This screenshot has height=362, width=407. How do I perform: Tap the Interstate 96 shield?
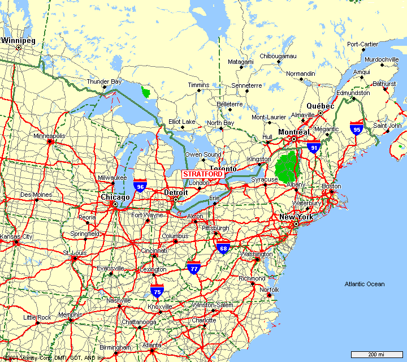coord(140,185)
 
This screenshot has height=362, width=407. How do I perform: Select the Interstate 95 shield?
coord(356,127)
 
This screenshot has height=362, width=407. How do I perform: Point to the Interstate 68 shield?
coord(223,247)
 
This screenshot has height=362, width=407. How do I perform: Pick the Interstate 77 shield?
coord(194,268)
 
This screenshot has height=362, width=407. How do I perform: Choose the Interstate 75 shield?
coord(157,291)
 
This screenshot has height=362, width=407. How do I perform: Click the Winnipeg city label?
coord(18,41)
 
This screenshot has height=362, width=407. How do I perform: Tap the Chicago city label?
coord(115,197)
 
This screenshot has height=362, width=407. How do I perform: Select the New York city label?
coord(296,217)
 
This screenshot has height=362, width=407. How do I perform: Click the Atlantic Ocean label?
coord(365,284)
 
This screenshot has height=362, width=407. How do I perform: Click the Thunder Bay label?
coord(103,82)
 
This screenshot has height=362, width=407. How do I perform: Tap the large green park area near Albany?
coord(287,165)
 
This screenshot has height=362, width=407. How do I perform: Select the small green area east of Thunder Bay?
coord(146,92)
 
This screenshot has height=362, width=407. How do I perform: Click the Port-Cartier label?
coord(362,44)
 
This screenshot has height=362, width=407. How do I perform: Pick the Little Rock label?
coord(37,317)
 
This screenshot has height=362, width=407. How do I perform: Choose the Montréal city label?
coord(293,132)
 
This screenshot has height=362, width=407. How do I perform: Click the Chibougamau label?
coord(278,56)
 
